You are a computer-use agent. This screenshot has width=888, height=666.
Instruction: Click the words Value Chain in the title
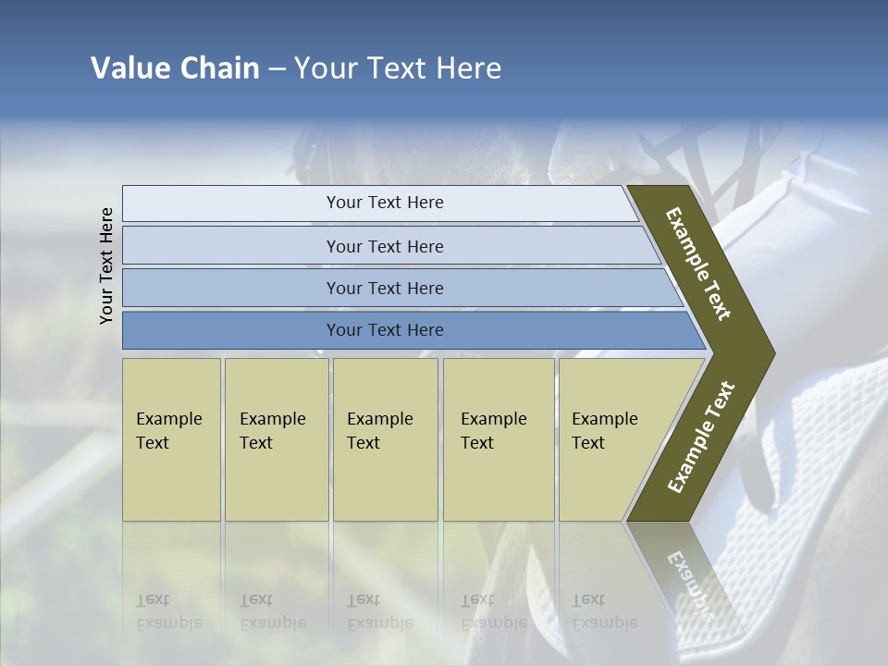(x=175, y=68)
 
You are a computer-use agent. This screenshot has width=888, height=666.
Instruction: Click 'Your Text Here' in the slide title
(x=398, y=68)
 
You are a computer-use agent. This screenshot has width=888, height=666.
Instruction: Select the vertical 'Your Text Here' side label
(x=106, y=265)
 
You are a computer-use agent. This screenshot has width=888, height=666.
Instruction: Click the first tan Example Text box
(x=171, y=438)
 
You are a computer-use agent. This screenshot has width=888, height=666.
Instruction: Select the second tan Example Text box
(x=276, y=438)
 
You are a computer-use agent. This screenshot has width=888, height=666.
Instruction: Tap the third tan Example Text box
(x=384, y=438)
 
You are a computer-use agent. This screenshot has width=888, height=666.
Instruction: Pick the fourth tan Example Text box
(x=498, y=438)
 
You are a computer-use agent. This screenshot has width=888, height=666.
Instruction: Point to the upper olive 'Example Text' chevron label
(x=698, y=264)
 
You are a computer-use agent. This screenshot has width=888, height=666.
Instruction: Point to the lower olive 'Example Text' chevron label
(x=700, y=438)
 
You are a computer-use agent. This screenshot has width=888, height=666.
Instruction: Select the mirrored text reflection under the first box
(x=168, y=610)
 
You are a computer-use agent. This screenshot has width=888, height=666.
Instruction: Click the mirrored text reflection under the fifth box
(x=604, y=610)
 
